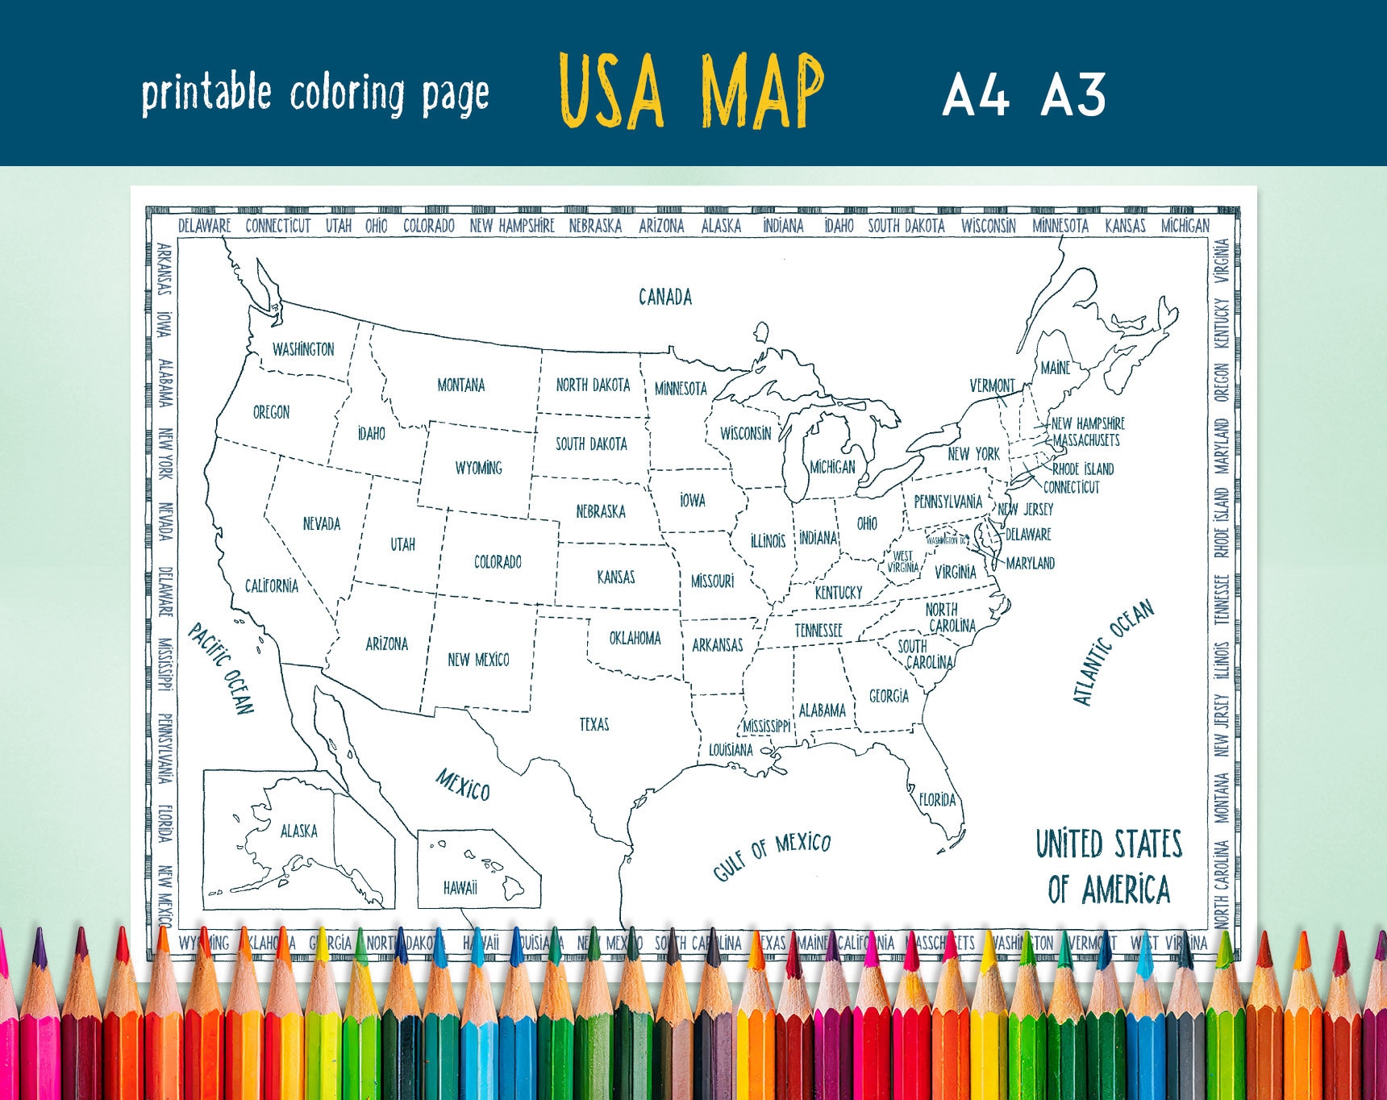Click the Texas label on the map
(594, 724)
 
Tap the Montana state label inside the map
(460, 385)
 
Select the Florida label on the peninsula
(937, 800)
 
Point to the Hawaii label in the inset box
(460, 888)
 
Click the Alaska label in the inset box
(298, 831)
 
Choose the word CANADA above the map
(665, 298)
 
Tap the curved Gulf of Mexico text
(771, 856)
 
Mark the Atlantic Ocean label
(1113, 653)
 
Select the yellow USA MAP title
(691, 90)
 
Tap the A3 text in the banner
(1073, 95)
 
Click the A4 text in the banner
(976, 95)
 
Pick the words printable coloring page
(315, 94)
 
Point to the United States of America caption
(1109, 867)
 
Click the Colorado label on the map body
(498, 562)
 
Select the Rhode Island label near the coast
(1083, 469)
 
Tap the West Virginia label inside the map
(903, 561)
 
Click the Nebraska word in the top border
(595, 226)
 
